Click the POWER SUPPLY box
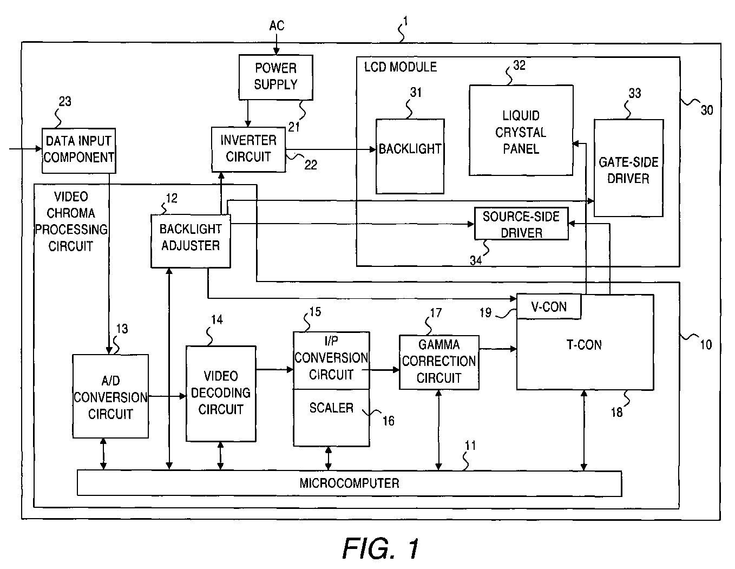275,77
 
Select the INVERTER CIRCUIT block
248,149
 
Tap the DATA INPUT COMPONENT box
79,151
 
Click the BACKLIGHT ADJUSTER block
191,241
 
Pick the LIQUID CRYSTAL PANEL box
521,130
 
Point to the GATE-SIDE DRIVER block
628,168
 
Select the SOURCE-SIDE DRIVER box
521,224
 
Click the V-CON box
549,306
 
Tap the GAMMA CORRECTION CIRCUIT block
439,362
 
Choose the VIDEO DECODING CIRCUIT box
221,394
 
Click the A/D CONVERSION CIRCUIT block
110,396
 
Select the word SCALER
331,408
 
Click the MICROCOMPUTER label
350,483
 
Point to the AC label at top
277,25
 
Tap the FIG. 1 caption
381,548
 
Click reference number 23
65,101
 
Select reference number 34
476,260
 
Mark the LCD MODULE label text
401,67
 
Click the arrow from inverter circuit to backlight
331,149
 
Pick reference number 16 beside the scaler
388,421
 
